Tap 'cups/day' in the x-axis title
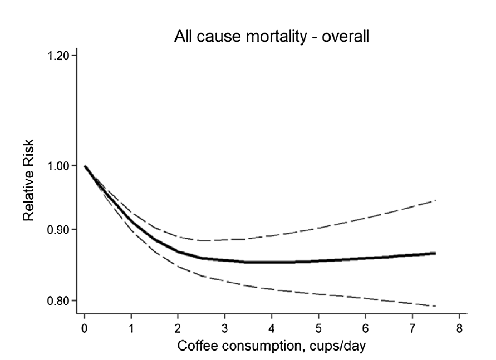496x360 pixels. [x=339, y=346]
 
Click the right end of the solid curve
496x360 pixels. [x=435, y=253]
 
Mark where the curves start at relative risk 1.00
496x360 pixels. [x=85, y=166]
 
